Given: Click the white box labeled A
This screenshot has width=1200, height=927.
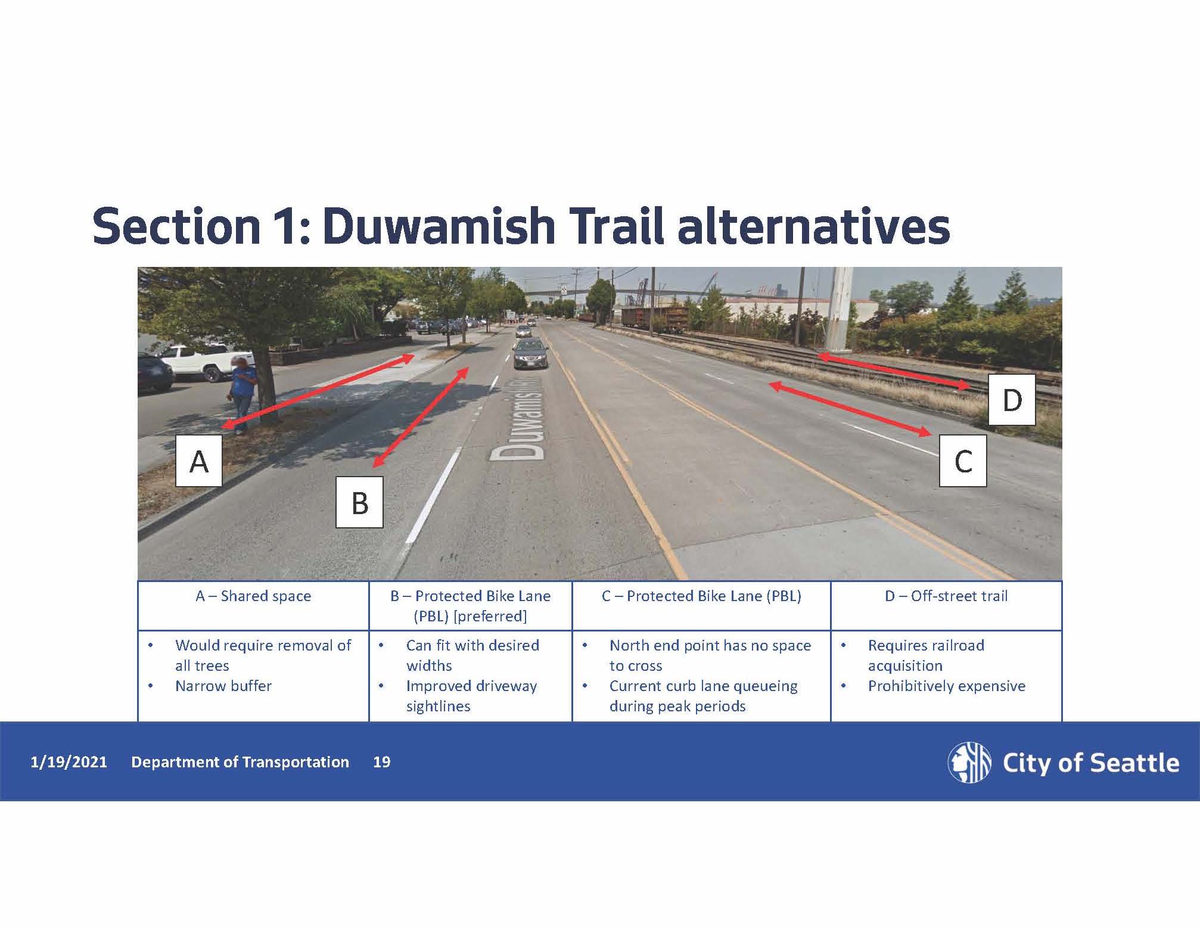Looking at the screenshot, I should [199, 461].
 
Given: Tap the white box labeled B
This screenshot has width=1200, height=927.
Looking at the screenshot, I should [359, 502].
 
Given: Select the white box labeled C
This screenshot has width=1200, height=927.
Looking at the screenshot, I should [963, 461].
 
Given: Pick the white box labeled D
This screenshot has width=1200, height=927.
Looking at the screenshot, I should [1012, 399].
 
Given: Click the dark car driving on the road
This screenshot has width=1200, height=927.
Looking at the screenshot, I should [530, 354].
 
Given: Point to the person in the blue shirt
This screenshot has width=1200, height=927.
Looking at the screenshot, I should [244, 390].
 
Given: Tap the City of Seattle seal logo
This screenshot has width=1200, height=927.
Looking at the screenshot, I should [969, 762].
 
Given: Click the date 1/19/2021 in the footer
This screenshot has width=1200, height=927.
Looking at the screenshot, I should [69, 762].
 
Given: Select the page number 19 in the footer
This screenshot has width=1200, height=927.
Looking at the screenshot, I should [381, 762].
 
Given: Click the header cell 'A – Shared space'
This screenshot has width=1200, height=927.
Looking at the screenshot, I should [253, 596].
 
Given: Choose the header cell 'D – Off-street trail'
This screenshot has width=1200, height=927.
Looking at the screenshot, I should [946, 596].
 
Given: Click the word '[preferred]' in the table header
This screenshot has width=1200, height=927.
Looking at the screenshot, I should [490, 616].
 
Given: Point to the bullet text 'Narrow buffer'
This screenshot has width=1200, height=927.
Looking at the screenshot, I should [223, 686].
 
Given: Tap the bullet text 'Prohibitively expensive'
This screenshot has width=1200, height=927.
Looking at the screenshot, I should [946, 686].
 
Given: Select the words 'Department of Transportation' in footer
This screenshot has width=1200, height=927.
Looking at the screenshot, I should [240, 762].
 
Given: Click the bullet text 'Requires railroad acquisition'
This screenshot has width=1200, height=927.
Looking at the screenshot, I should [926, 655].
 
